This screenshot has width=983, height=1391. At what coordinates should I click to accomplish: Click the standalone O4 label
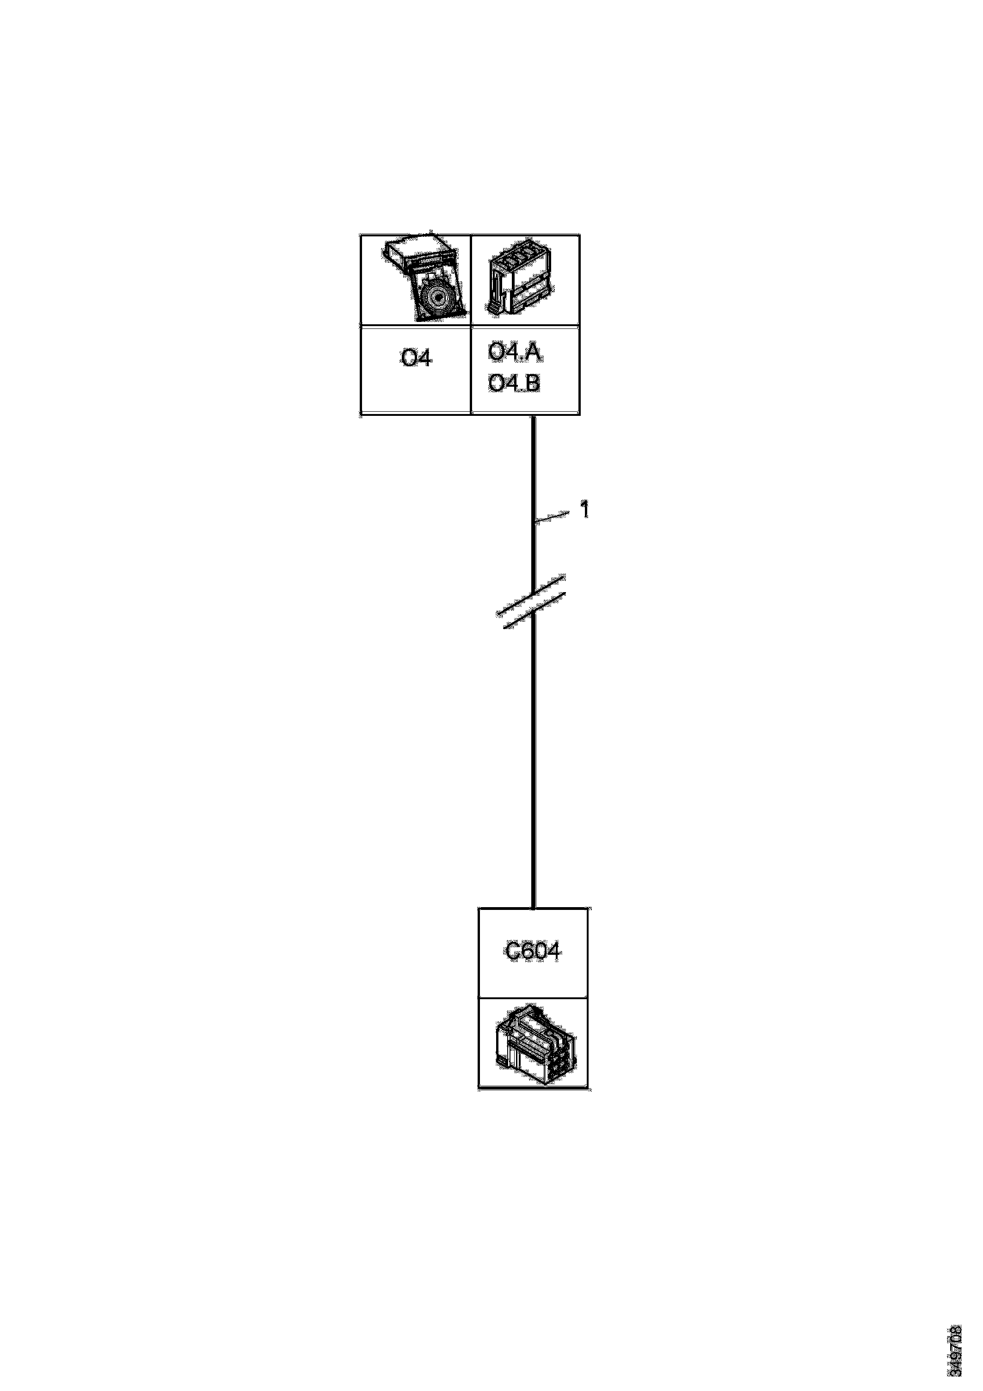click(x=416, y=359)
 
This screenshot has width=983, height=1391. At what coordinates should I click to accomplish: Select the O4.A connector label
click(x=514, y=352)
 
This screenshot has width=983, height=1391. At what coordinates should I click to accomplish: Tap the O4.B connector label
click(x=514, y=383)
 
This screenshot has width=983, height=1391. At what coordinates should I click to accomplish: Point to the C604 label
click(x=532, y=951)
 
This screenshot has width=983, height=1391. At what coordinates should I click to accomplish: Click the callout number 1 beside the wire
click(x=584, y=510)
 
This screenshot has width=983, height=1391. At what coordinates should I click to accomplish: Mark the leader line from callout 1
click(x=553, y=516)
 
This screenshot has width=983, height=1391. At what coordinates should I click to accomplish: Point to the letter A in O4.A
click(x=534, y=352)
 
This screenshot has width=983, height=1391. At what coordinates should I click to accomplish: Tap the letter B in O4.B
click(x=533, y=383)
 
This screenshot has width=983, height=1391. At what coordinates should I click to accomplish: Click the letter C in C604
click(x=510, y=951)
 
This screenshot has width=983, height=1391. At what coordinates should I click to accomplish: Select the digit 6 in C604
click(x=524, y=951)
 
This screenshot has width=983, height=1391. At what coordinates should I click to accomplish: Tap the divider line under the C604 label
click(x=533, y=998)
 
